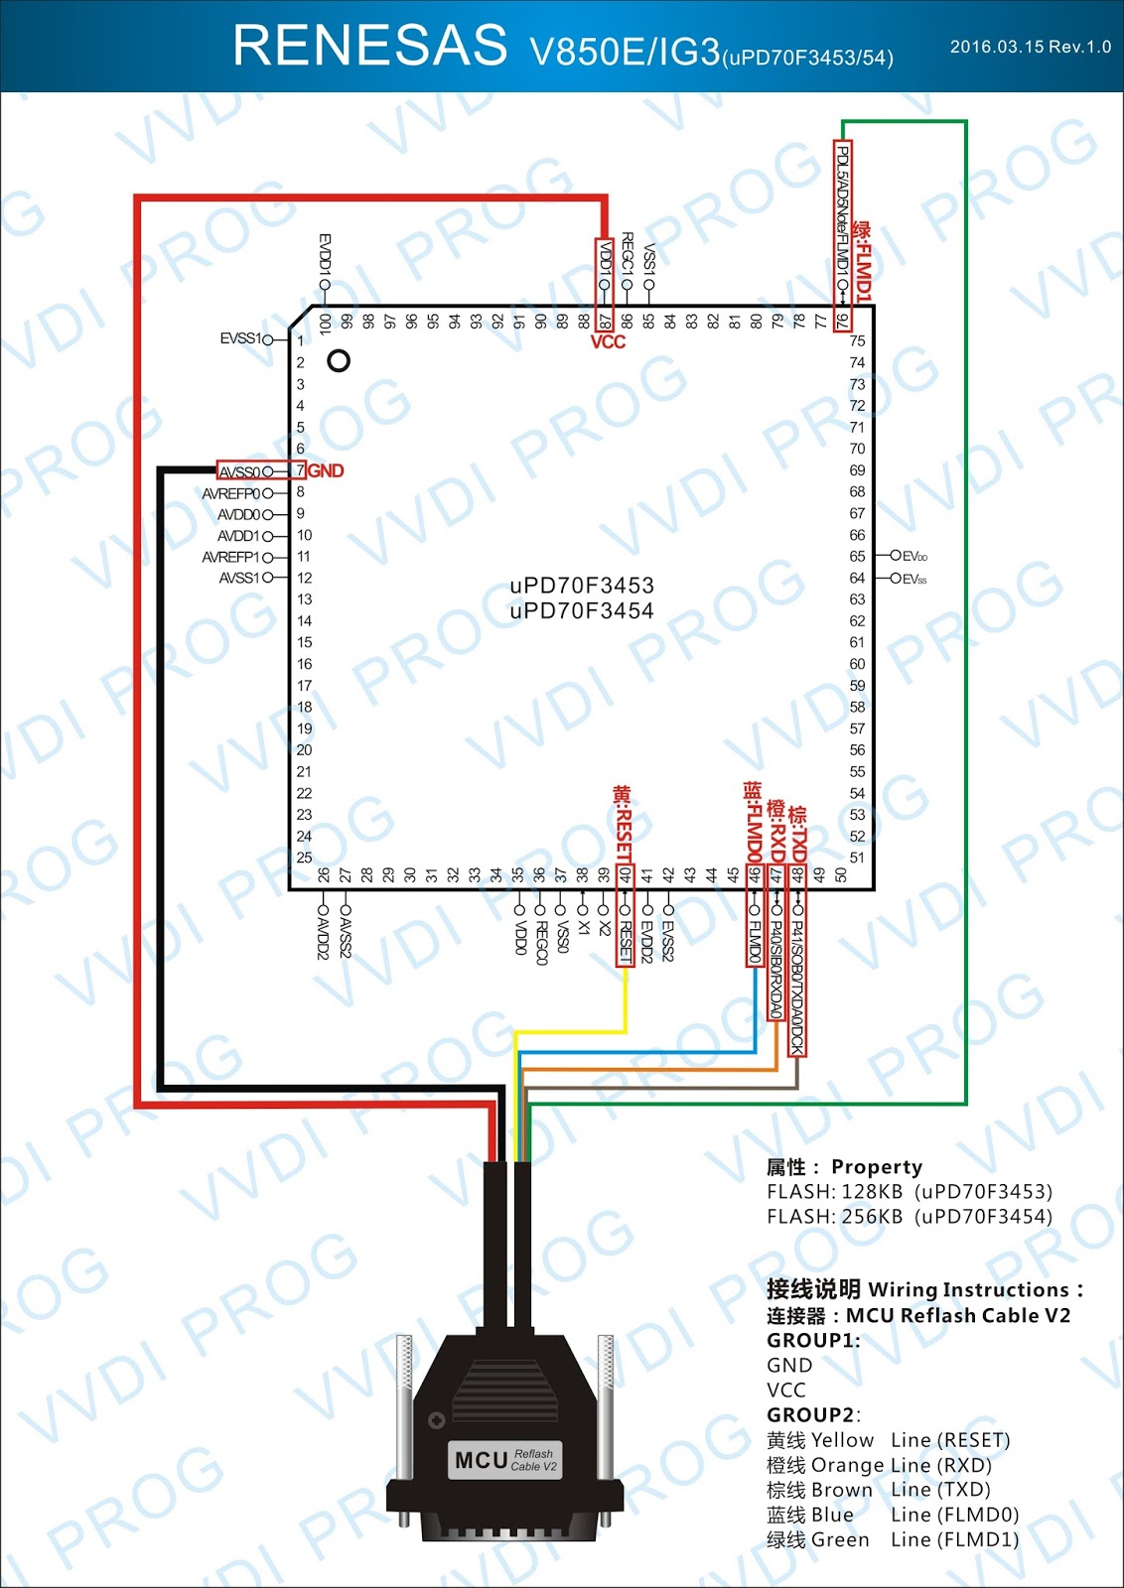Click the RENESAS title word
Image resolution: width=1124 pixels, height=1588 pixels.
(x=369, y=46)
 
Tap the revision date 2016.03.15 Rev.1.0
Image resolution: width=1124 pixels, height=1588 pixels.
(x=1030, y=47)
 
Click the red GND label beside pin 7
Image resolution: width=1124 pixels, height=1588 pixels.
(x=327, y=470)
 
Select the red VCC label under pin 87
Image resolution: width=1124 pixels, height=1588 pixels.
(x=608, y=342)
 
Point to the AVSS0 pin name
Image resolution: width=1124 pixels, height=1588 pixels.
(x=239, y=471)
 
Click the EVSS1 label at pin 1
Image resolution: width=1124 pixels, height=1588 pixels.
(x=240, y=338)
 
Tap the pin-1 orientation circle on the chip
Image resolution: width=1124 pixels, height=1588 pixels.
(x=339, y=361)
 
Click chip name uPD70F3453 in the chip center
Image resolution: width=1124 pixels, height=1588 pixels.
(x=582, y=586)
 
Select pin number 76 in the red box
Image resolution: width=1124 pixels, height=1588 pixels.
(x=842, y=321)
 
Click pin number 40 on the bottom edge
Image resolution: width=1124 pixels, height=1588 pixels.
(x=626, y=875)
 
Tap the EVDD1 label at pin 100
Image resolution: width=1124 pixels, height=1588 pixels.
(x=325, y=254)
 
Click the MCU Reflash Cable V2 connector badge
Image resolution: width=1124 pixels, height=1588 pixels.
(x=505, y=1460)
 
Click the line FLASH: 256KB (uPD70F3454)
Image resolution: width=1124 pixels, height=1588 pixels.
(x=909, y=1217)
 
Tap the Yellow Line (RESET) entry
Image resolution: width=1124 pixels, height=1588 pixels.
(x=888, y=1440)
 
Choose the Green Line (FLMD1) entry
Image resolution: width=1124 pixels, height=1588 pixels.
(x=892, y=1540)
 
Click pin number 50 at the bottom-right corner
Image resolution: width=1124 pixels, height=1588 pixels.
(x=841, y=875)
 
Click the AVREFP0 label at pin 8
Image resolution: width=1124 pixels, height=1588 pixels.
(x=231, y=493)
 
